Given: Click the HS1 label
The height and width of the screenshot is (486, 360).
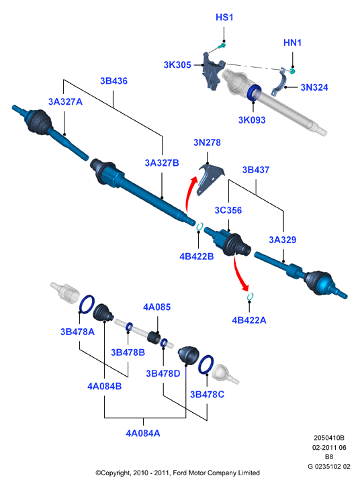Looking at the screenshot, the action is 224,17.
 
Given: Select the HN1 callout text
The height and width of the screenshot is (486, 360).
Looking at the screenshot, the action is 292,43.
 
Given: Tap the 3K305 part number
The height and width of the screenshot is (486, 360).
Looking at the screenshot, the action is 177,65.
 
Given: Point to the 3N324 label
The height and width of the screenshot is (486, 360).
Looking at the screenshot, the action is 314,87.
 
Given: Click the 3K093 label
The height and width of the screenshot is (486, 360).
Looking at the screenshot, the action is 252,120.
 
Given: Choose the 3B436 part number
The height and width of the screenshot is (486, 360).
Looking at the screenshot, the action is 114,81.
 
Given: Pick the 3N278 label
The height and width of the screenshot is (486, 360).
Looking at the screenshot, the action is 207,142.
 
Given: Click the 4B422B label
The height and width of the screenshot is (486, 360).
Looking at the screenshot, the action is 197,256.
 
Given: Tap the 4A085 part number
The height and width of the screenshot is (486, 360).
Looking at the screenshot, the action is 156,307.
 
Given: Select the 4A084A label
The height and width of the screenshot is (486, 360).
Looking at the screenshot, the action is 143,433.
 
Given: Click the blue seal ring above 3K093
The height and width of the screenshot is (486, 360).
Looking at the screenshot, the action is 255,93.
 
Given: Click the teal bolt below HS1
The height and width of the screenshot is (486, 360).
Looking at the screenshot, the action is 222,46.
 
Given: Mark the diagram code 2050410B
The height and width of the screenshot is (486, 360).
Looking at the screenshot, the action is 329,438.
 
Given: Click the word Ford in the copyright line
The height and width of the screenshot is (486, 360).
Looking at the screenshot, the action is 180,473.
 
